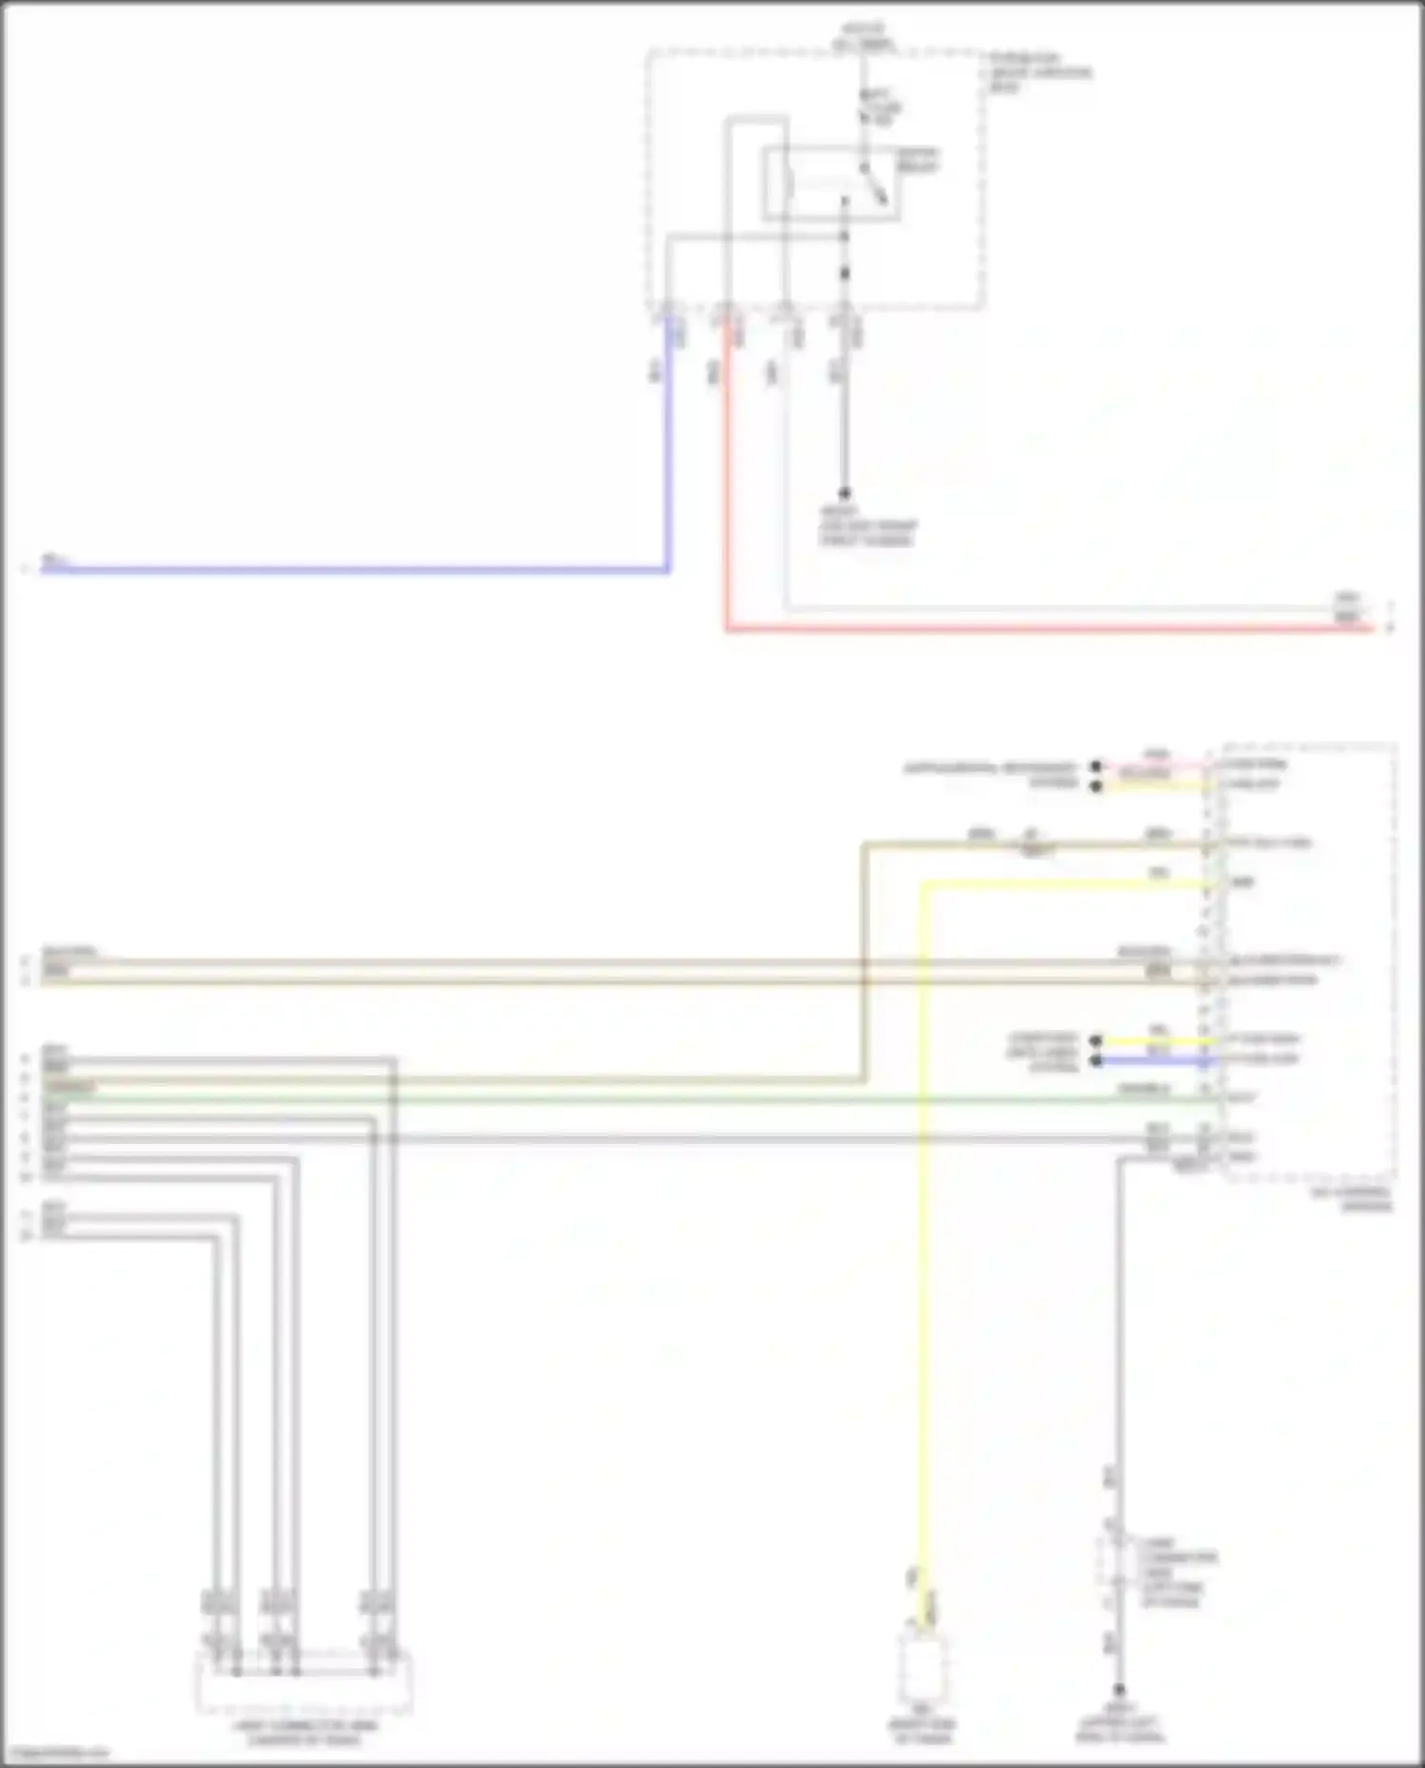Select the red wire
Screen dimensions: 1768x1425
click(x=1045, y=628)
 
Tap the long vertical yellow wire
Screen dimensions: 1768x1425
click(x=921, y=1235)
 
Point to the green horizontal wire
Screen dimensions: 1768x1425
click(x=665, y=1099)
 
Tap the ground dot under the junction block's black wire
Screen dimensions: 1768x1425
click(x=844, y=493)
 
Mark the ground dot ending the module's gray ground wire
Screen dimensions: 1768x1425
click(x=1119, y=1692)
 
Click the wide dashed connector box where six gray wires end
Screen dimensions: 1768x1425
click(x=304, y=1682)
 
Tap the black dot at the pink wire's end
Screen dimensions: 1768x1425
click(x=1096, y=766)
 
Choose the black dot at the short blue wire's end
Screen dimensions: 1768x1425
click(x=1096, y=1059)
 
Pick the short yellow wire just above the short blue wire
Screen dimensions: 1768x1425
click(x=1155, y=1040)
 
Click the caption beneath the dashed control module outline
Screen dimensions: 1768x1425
click(x=1364, y=1199)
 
